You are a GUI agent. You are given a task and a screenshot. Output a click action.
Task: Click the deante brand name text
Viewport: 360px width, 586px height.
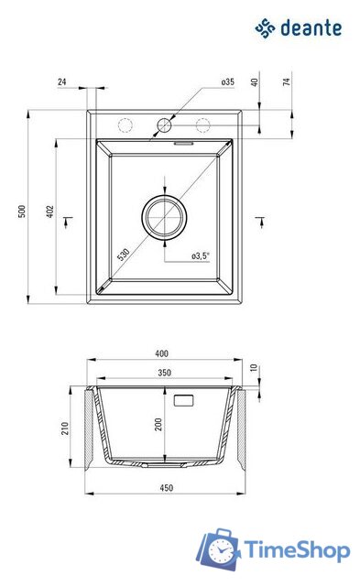(311, 28)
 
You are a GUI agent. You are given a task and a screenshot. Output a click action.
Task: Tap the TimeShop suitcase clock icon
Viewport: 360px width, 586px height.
(219, 549)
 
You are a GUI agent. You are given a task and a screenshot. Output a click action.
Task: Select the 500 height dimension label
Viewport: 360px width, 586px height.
(22, 212)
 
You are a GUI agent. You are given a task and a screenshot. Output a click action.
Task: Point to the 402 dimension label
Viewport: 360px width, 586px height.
(50, 212)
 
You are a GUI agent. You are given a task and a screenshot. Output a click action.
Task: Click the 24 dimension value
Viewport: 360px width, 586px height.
(62, 81)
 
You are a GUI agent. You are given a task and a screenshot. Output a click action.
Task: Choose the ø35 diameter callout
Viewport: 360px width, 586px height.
(227, 81)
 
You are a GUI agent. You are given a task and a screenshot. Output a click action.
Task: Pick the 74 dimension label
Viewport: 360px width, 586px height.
(287, 81)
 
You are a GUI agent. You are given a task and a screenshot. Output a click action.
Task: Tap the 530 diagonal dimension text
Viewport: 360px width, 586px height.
(124, 255)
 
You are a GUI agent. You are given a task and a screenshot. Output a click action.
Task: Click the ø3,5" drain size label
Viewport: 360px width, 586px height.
(201, 256)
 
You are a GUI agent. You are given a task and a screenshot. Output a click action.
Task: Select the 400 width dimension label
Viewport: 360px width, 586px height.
(161, 353)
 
